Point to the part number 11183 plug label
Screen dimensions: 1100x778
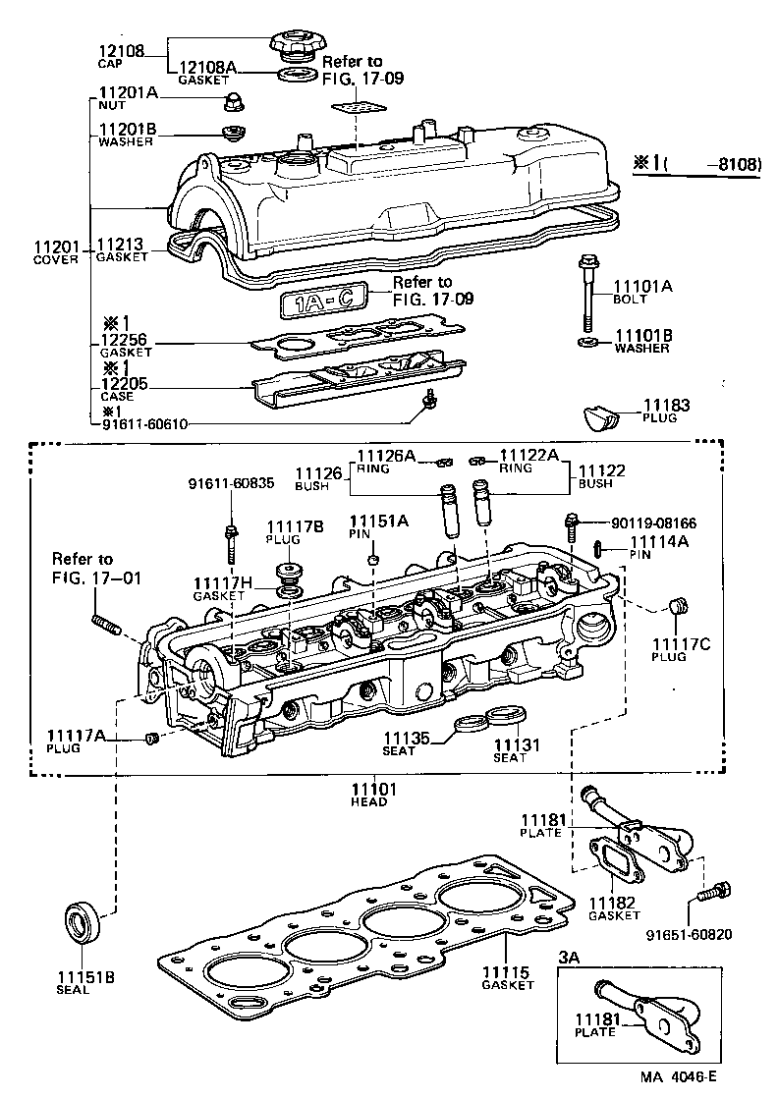point(668,405)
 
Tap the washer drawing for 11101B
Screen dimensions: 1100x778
point(587,342)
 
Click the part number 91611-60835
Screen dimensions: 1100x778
point(231,482)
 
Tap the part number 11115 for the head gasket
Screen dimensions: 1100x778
point(506,972)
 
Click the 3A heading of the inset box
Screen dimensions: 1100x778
point(570,956)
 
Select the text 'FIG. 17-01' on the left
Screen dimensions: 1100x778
point(97,577)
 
